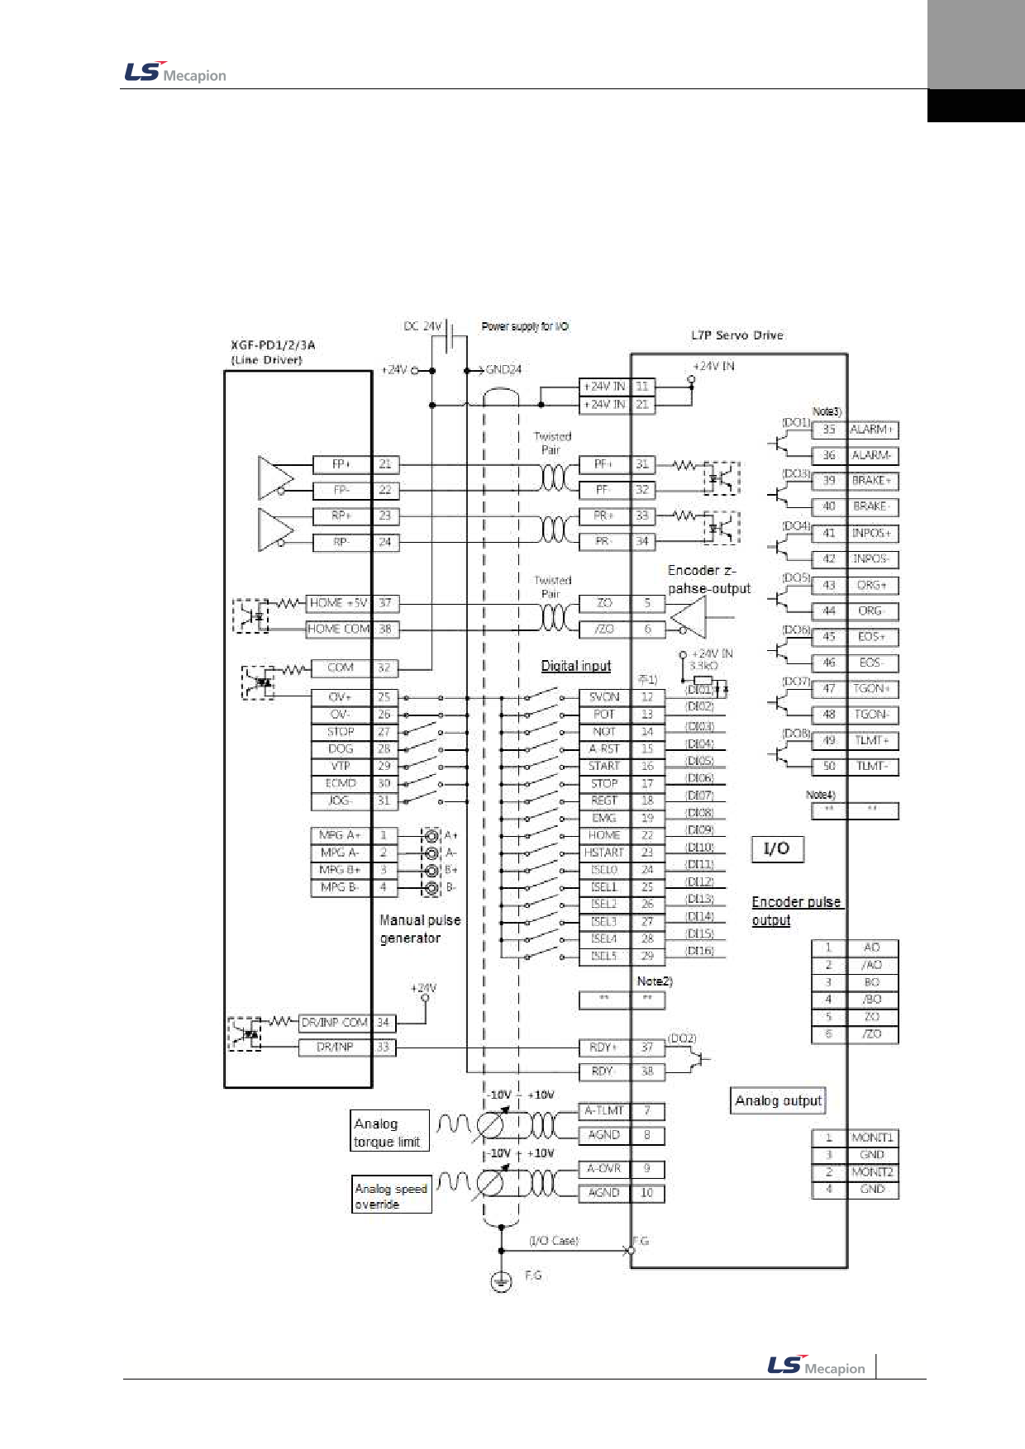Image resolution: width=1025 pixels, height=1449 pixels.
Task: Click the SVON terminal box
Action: click(x=604, y=697)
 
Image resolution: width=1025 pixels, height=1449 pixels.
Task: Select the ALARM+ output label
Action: click(x=872, y=430)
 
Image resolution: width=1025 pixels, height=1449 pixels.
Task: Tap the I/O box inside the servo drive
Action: click(x=777, y=849)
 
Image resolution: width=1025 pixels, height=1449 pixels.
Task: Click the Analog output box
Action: click(x=778, y=1100)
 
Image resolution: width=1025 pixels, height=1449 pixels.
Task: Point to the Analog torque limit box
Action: click(x=389, y=1132)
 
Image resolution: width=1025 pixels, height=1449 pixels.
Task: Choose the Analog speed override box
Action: click(x=391, y=1195)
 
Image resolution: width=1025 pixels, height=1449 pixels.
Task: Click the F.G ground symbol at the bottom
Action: click(x=501, y=1280)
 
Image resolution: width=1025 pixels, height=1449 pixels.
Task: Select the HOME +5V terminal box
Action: click(x=339, y=603)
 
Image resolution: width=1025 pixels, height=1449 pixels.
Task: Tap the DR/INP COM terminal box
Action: click(x=335, y=1023)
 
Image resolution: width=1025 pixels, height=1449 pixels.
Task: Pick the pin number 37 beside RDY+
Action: click(x=647, y=1048)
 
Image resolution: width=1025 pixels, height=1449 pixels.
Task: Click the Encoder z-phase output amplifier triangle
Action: click(x=691, y=617)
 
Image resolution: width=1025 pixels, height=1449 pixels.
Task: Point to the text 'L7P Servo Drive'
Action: click(x=737, y=335)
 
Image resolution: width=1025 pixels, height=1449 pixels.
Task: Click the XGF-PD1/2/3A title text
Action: click(x=273, y=345)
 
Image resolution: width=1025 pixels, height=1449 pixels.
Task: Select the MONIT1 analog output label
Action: click(x=872, y=1138)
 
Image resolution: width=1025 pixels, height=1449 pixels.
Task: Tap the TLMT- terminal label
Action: click(x=872, y=767)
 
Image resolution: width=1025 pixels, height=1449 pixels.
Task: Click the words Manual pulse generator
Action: click(x=420, y=929)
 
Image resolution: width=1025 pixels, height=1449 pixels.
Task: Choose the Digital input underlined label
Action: click(x=575, y=666)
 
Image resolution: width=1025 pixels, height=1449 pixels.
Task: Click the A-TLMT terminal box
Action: click(x=604, y=1111)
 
